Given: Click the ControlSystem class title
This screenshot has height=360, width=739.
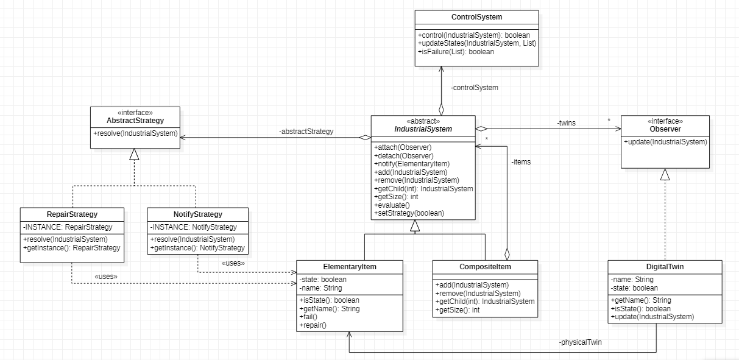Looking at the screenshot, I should click(x=476, y=16).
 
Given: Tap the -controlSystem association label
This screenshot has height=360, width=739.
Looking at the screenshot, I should click(x=475, y=88).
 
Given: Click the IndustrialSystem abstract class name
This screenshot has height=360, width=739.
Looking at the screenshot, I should click(x=423, y=129).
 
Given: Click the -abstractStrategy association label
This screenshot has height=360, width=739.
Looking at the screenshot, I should click(x=306, y=132).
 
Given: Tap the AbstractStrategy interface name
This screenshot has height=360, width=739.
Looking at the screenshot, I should click(x=135, y=121).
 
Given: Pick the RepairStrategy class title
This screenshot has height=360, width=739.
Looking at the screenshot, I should click(x=72, y=214).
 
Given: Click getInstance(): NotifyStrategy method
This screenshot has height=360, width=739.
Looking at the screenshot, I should click(x=197, y=248).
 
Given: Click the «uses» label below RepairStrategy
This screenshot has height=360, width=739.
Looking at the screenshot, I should click(x=106, y=277).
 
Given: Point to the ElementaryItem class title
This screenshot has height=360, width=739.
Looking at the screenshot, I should click(x=349, y=267).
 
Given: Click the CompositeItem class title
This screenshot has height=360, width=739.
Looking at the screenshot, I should click(x=485, y=267).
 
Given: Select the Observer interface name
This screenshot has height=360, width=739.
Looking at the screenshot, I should click(x=665, y=129).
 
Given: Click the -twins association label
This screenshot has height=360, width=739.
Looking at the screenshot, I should click(x=566, y=123).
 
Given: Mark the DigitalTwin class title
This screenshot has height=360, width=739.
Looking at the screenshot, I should click(x=665, y=267).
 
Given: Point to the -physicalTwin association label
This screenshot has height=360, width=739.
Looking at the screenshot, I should click(x=579, y=343).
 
